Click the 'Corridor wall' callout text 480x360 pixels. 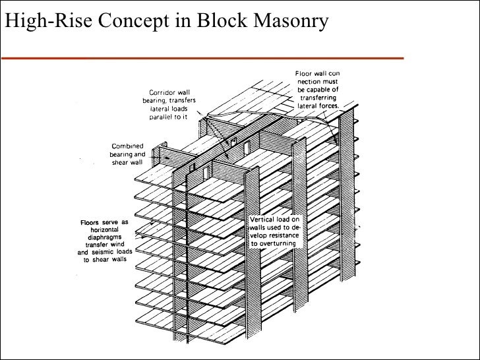(170, 92)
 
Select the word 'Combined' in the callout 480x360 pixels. (129, 146)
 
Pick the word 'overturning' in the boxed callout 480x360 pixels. (278, 243)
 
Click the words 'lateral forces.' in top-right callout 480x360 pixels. (318, 105)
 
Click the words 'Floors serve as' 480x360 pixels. (104, 222)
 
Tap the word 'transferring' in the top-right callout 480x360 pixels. (318, 97)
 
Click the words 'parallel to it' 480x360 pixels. (170, 116)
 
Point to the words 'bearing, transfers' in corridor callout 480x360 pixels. (170, 100)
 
